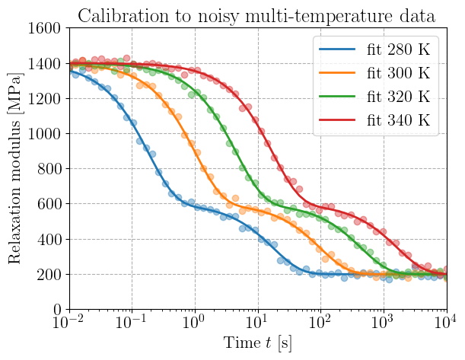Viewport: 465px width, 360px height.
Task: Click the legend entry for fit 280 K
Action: pyautogui.click(x=374, y=49)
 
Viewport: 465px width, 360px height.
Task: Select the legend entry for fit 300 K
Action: pyautogui.click(x=374, y=73)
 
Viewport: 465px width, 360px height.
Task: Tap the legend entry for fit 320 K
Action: pyautogui.click(x=374, y=97)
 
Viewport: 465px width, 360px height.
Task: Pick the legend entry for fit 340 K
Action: pyautogui.click(x=374, y=120)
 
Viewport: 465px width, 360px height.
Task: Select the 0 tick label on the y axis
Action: pyautogui.click(x=57, y=310)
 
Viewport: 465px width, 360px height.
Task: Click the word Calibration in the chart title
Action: pyautogui.click(x=123, y=16)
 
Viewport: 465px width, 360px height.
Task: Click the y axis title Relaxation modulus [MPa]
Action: pyautogui.click(x=14, y=168)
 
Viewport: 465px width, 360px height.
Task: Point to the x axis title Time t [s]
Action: pyautogui.click(x=257, y=343)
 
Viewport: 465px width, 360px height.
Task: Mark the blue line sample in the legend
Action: pyautogui.click(x=337, y=49)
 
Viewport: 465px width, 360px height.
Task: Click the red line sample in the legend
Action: pyautogui.click(x=337, y=120)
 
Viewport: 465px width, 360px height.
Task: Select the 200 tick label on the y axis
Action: pyautogui.click(x=49, y=275)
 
